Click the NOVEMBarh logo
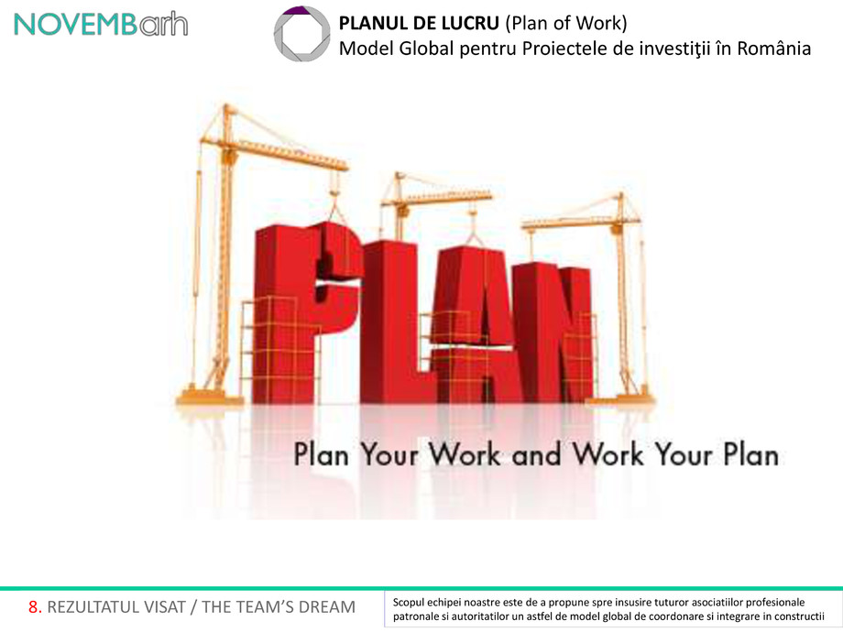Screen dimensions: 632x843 point(101,25)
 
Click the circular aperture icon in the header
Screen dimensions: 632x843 point(302,34)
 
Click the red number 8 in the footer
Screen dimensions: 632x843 point(34,607)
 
